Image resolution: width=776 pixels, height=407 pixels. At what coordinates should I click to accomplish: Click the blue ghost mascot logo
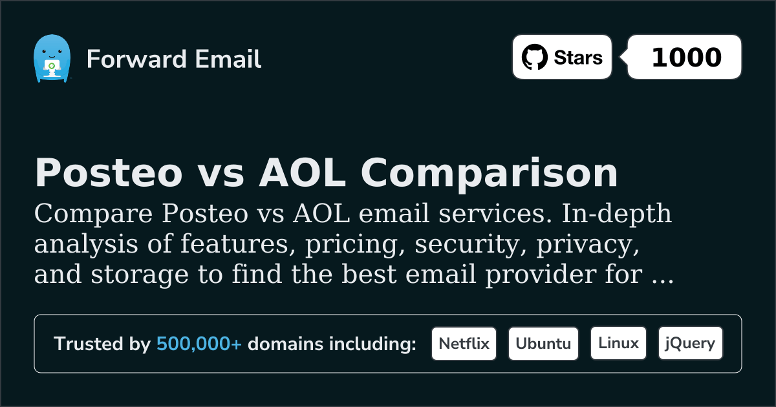coord(52,58)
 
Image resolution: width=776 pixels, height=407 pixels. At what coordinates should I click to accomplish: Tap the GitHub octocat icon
coord(535,57)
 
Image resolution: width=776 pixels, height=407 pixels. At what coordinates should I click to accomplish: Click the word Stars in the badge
coord(578,57)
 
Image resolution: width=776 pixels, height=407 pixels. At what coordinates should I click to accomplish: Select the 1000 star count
coord(687,57)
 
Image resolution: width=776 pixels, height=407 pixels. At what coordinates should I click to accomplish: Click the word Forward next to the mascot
coord(136,59)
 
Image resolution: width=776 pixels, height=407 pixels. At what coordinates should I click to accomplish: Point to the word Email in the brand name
coord(228,59)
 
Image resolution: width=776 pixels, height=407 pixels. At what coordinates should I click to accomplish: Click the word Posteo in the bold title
coord(109,172)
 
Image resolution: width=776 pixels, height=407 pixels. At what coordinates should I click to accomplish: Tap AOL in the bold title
coord(303,172)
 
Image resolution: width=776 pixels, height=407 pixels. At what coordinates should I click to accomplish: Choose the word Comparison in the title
coord(489,174)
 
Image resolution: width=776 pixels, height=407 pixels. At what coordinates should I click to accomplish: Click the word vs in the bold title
coord(221,176)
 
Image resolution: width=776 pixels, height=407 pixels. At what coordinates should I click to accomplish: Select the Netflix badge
coord(464,344)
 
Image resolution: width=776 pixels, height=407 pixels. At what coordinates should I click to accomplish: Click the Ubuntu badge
coord(543,344)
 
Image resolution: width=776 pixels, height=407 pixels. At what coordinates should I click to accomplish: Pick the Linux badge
coord(618,344)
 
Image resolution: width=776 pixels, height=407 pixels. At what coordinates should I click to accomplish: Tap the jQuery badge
coord(691,344)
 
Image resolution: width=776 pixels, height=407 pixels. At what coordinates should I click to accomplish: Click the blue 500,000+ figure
coord(199,344)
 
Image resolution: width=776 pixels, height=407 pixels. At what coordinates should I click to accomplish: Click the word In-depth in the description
coord(616,214)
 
